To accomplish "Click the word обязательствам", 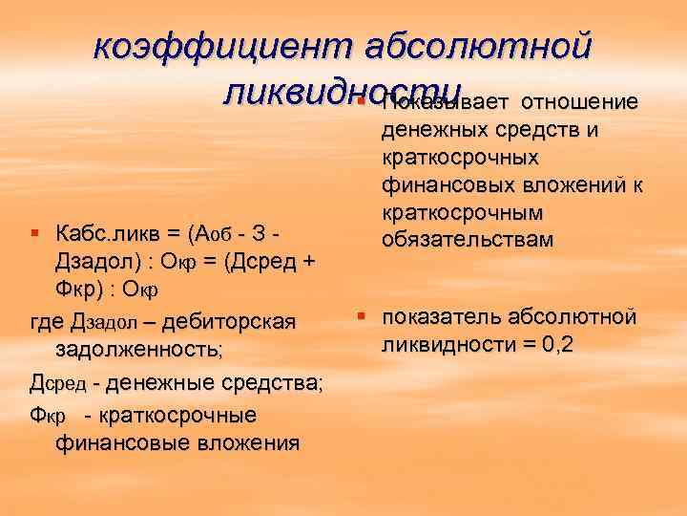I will [467, 239].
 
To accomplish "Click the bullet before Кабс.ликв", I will [35, 233].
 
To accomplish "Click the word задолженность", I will [139, 350].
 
